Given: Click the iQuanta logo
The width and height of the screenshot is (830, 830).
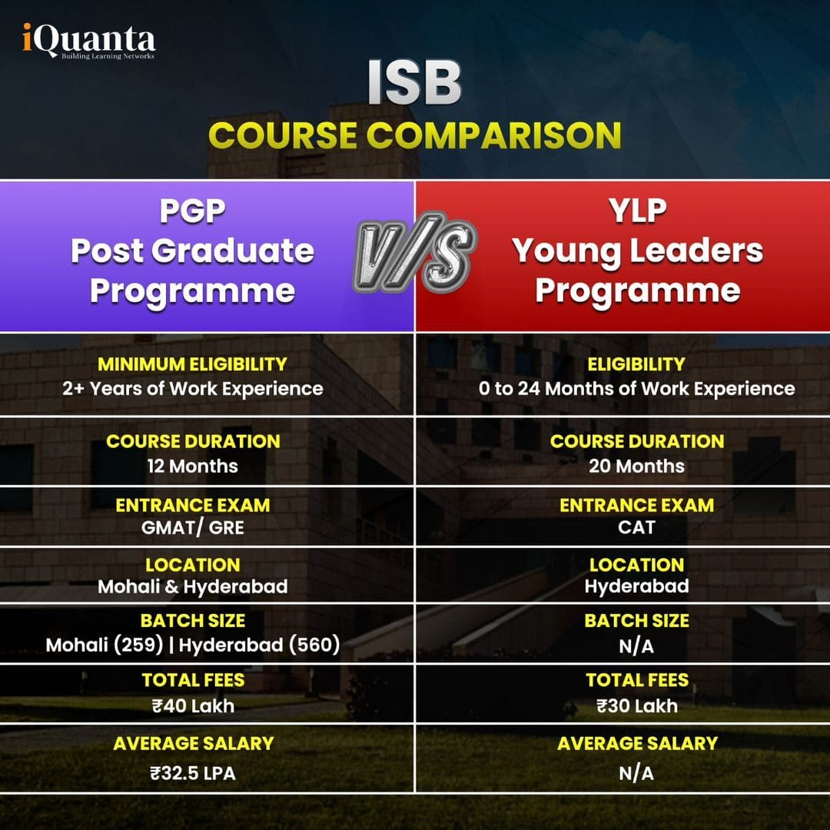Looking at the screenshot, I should (x=88, y=43).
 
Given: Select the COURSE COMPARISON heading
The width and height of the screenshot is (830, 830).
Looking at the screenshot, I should (x=414, y=136).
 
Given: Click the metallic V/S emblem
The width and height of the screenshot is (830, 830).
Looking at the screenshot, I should (x=415, y=257).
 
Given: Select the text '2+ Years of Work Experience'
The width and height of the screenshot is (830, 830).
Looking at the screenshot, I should (x=192, y=388).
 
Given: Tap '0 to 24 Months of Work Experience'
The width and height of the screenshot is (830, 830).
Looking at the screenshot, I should (x=637, y=388).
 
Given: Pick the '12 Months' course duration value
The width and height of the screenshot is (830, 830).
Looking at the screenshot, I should (x=192, y=466).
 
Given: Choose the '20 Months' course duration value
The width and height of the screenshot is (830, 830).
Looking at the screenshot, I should (x=637, y=466).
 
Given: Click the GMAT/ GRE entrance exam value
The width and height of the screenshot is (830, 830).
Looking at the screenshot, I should (x=192, y=527).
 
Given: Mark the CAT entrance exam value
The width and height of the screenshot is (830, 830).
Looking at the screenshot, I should (x=637, y=527).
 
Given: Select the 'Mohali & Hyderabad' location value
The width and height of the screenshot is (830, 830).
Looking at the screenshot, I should (x=192, y=586).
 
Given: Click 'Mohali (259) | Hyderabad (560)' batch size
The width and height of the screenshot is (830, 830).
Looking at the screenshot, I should (x=192, y=645).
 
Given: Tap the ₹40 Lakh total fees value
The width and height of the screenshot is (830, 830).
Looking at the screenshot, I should (x=192, y=705).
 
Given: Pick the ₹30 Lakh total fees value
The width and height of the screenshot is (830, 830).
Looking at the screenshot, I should (x=637, y=705).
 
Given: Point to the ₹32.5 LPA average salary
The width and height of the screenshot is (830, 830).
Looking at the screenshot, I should (x=192, y=772).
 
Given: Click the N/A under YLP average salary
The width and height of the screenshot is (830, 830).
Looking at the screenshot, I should (x=637, y=772).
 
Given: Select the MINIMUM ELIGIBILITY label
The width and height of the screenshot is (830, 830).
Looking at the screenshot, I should (x=192, y=364).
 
